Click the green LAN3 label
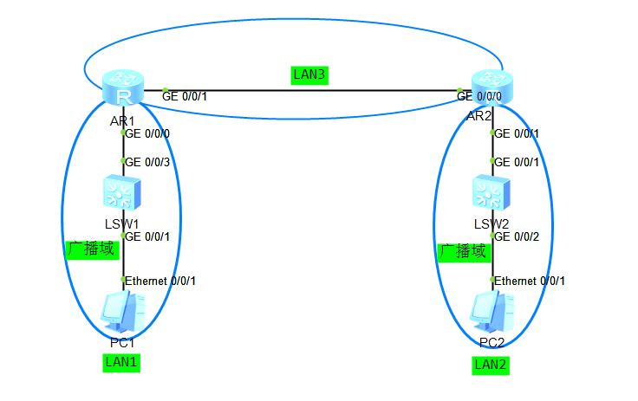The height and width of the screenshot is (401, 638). tap(309, 75)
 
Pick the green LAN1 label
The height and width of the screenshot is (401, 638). tap(120, 362)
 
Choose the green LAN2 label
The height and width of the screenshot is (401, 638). tap(491, 365)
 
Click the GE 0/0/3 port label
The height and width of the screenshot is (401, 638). tap(148, 162)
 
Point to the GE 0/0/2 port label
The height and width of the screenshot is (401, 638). tap(518, 236)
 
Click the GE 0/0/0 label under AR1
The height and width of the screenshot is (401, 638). tap(148, 134)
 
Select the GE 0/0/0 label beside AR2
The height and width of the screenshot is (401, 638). tap(478, 96)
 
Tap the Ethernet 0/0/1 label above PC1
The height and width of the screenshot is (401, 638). tap(161, 281)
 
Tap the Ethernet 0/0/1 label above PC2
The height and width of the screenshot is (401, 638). tap(530, 281)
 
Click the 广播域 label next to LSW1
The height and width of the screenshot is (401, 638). tap(90, 249)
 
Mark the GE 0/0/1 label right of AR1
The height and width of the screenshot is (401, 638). tap(186, 96)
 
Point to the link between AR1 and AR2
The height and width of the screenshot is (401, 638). tap(312, 89)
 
